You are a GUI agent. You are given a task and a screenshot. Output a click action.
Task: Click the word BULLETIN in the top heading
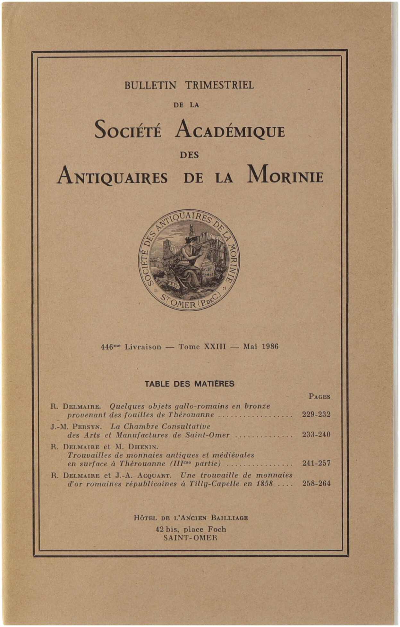coord(150,85)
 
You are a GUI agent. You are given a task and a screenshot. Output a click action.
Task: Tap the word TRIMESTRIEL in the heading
coord(219,85)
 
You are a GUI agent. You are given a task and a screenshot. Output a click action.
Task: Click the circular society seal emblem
coord(189,260)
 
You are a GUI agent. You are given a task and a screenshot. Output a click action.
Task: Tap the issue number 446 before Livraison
coord(106,347)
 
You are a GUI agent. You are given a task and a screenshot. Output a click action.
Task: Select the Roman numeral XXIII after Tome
coord(215,347)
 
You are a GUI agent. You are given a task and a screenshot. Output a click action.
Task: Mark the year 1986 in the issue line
coord(270,347)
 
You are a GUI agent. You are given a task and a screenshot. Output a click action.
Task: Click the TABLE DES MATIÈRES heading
coord(190,384)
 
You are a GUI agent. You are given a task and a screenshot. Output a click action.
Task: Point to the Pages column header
coord(319,396)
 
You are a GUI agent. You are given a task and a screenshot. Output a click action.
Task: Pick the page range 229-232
coord(316,414)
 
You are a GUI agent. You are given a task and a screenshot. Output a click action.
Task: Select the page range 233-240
coord(316,435)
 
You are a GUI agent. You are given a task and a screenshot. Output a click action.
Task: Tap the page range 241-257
coord(316,463)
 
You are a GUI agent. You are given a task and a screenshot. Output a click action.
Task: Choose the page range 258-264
coord(316,484)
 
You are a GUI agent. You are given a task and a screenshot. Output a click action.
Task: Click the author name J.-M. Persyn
coord(76,427)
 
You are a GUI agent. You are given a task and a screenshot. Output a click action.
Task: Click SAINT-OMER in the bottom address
coord(190,538)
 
